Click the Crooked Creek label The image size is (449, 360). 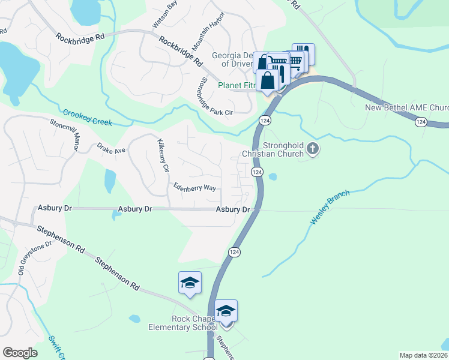[88, 118]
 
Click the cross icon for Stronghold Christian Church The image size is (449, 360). [312, 148]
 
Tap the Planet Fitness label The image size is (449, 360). [237, 85]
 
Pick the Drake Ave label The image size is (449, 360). [111, 148]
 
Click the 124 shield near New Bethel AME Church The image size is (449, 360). [421, 122]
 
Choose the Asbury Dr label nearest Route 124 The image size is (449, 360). [233, 209]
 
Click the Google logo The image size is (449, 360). [20, 353]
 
